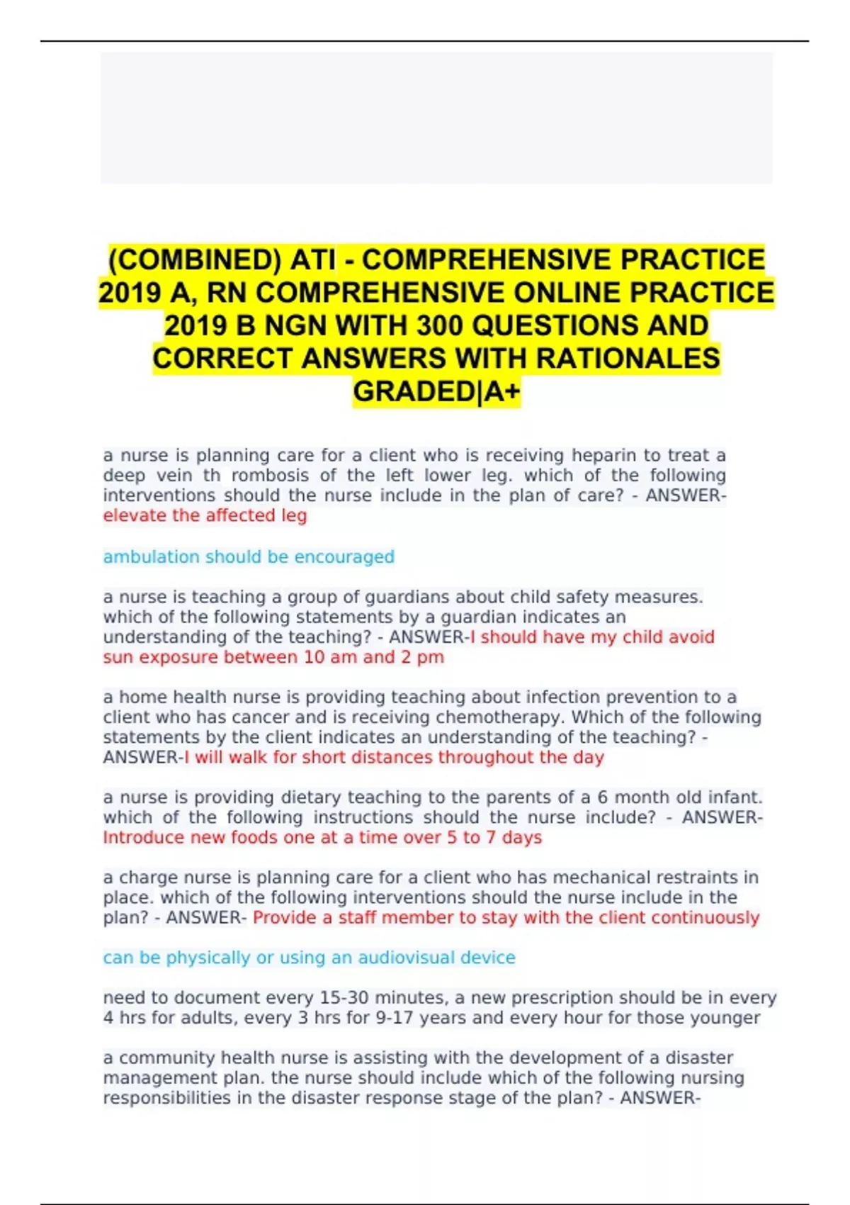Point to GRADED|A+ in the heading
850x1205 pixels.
coord(436,391)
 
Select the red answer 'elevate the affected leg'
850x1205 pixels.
coord(205,515)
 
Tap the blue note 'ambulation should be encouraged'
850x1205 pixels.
coord(249,556)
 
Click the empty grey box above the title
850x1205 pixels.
coord(436,118)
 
